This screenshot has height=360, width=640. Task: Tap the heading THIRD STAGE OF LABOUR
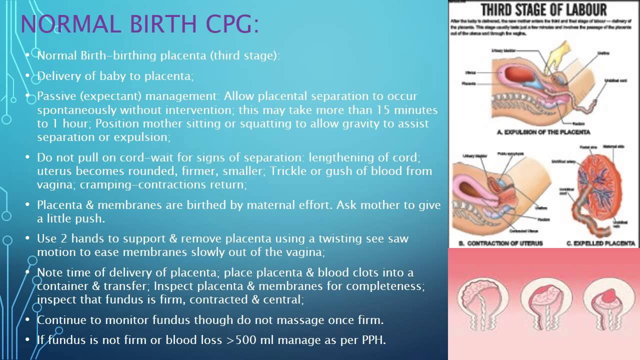pos(543,9)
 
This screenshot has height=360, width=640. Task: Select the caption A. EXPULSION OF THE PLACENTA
pos(543,132)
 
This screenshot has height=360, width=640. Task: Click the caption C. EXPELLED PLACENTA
pos(600,243)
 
